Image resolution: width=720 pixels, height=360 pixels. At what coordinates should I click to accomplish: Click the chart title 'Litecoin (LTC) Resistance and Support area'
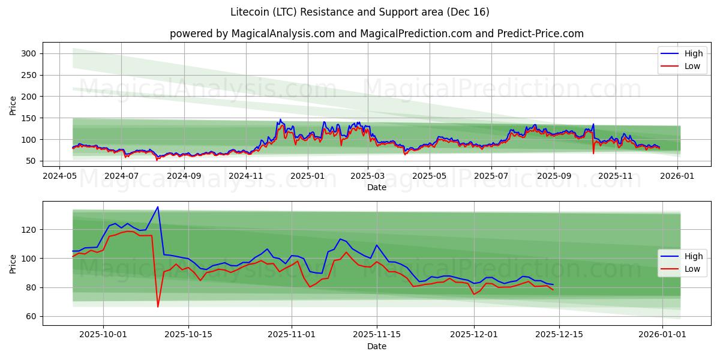coord(359,12)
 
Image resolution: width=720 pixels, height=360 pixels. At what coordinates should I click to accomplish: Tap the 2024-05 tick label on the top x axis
coord(59,176)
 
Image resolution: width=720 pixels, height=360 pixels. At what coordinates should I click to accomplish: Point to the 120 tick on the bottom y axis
coord(29,230)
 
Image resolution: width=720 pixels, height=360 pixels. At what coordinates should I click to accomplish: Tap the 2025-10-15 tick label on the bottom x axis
coord(188,334)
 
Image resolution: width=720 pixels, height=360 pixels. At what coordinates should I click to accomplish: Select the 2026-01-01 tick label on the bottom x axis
coord(662,334)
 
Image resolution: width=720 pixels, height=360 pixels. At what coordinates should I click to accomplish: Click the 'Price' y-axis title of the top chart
coord(13,105)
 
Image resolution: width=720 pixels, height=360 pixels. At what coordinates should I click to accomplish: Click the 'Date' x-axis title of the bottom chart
coord(376,346)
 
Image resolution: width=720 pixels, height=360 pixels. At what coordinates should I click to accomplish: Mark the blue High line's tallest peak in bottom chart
coord(158,207)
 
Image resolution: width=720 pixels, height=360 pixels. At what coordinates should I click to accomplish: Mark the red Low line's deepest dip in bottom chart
coord(158,307)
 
